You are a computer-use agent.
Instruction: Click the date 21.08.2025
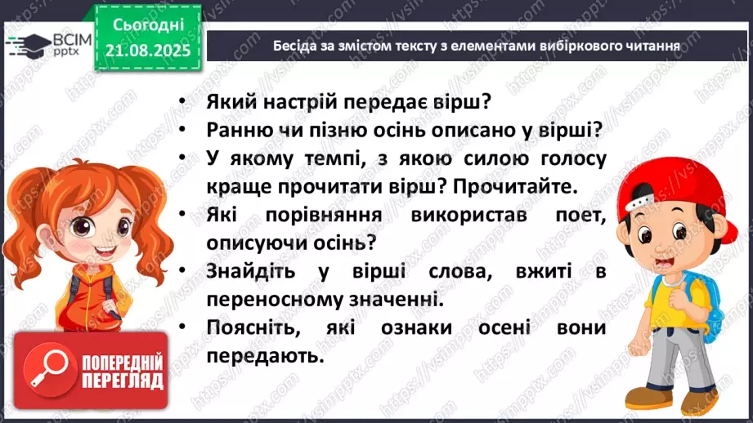(x=147, y=50)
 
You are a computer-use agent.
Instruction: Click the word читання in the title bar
(x=650, y=47)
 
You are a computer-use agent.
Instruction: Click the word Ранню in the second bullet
(x=238, y=131)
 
